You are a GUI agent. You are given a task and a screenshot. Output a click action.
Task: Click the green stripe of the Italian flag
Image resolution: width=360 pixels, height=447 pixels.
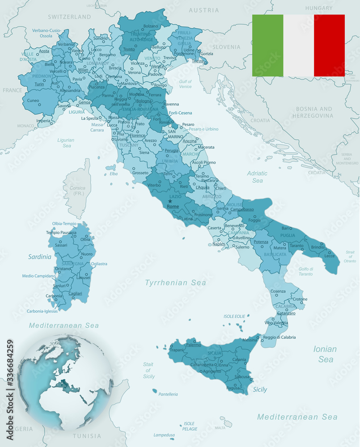(267, 46)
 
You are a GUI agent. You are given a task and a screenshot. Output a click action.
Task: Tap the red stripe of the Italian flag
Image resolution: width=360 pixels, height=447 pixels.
(329, 46)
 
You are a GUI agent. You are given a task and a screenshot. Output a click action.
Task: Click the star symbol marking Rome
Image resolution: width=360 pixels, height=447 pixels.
(170, 201)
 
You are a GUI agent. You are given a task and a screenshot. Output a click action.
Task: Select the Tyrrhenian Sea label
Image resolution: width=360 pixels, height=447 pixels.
(175, 283)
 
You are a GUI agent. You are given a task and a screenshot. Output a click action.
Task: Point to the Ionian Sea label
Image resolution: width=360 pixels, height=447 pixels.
(325, 354)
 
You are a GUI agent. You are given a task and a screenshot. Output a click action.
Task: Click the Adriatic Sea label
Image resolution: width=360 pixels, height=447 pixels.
(257, 177)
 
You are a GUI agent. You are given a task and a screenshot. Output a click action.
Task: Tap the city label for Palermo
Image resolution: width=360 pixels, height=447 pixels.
(193, 345)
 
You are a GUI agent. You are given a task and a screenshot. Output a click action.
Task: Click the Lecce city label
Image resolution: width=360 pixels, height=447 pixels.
(329, 256)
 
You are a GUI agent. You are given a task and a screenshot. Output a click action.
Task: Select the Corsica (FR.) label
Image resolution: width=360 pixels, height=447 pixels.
(77, 191)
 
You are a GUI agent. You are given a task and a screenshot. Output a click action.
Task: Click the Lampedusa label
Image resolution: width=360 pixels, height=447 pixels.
(164, 434)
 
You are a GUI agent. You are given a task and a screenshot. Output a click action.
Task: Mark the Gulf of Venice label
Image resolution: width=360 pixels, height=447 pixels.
(185, 84)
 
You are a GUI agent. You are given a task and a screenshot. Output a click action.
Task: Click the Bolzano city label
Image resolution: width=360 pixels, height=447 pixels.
(151, 26)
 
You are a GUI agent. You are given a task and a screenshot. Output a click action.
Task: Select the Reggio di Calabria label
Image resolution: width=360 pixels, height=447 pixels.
(279, 337)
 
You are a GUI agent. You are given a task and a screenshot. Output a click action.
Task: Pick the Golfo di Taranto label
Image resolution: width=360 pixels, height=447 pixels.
(305, 271)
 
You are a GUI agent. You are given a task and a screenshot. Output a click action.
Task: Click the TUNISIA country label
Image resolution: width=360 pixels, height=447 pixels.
(86, 436)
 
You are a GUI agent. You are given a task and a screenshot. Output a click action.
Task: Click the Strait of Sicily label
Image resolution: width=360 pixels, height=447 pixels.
(148, 371)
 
